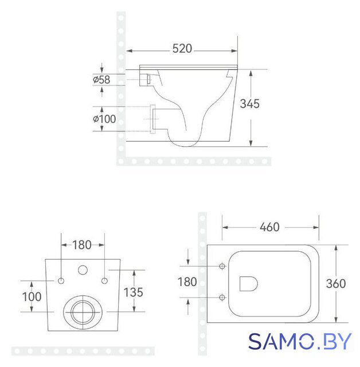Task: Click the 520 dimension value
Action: pos(182,49)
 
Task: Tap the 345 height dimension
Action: pos(250,104)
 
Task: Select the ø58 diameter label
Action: pos(101,80)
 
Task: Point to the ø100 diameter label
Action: pos(104,119)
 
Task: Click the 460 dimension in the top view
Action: pos(269,227)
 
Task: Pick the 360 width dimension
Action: pos(336,284)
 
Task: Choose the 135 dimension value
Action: pos(133,292)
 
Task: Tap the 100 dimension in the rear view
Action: pos(32,297)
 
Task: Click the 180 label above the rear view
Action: pos(81,245)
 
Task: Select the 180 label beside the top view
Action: pos(187,282)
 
